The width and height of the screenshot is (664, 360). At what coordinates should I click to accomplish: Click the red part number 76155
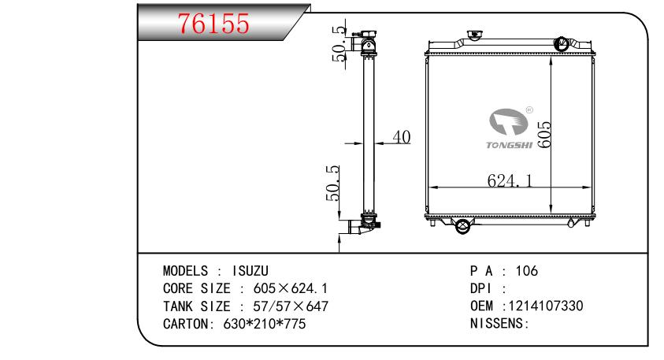[x=214, y=24]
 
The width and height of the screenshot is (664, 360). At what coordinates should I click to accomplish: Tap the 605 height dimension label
[x=544, y=135]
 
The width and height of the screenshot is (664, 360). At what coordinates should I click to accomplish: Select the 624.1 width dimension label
[x=510, y=181]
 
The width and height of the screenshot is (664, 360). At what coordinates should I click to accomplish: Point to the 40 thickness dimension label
[x=402, y=137]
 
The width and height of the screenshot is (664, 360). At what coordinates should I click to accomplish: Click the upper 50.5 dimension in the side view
[x=339, y=43]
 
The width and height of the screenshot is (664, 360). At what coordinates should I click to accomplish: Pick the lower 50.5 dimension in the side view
[x=333, y=183]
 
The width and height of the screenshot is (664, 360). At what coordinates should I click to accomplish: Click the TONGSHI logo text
[x=509, y=145]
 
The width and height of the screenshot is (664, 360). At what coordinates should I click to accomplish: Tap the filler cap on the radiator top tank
[x=475, y=35]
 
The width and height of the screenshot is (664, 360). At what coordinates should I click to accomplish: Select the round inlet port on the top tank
[x=562, y=43]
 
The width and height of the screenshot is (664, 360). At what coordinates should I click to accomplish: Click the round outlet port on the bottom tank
[x=462, y=226]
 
